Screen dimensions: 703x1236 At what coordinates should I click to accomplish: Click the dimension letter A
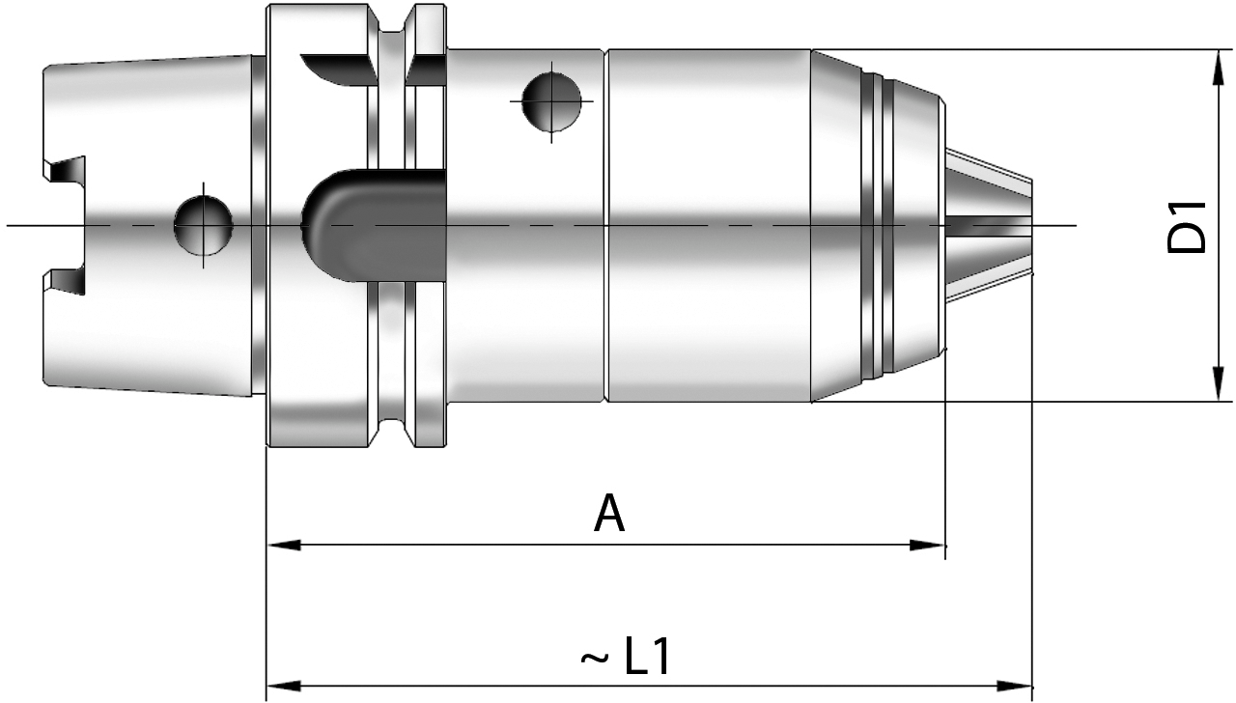click(x=609, y=513)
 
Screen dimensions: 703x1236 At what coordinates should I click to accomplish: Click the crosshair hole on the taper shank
click(x=204, y=225)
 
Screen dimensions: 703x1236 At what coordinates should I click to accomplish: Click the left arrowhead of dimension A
click(x=282, y=545)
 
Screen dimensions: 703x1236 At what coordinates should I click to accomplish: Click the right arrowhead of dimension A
click(x=930, y=545)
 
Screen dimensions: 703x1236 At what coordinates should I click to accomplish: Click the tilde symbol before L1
click(x=594, y=661)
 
